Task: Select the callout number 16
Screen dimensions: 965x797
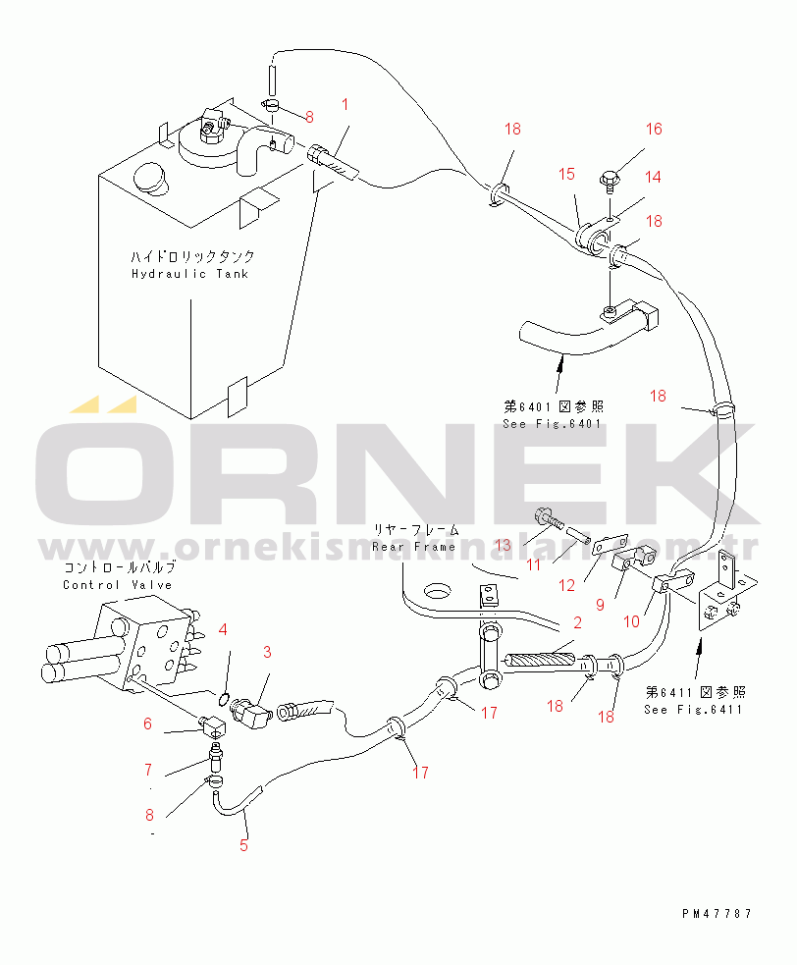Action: coord(654,129)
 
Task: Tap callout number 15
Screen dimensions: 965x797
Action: coord(566,174)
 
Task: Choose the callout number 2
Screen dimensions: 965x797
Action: coord(577,622)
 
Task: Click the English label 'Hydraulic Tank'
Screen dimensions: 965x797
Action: coord(189,273)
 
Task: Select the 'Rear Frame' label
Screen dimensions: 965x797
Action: coord(413,545)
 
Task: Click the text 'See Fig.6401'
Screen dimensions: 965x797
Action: coord(553,424)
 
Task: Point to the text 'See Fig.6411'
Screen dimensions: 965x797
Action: coord(694,709)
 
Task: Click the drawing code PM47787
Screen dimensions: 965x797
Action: coord(717,913)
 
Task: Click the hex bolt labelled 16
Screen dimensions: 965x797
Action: coord(609,181)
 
